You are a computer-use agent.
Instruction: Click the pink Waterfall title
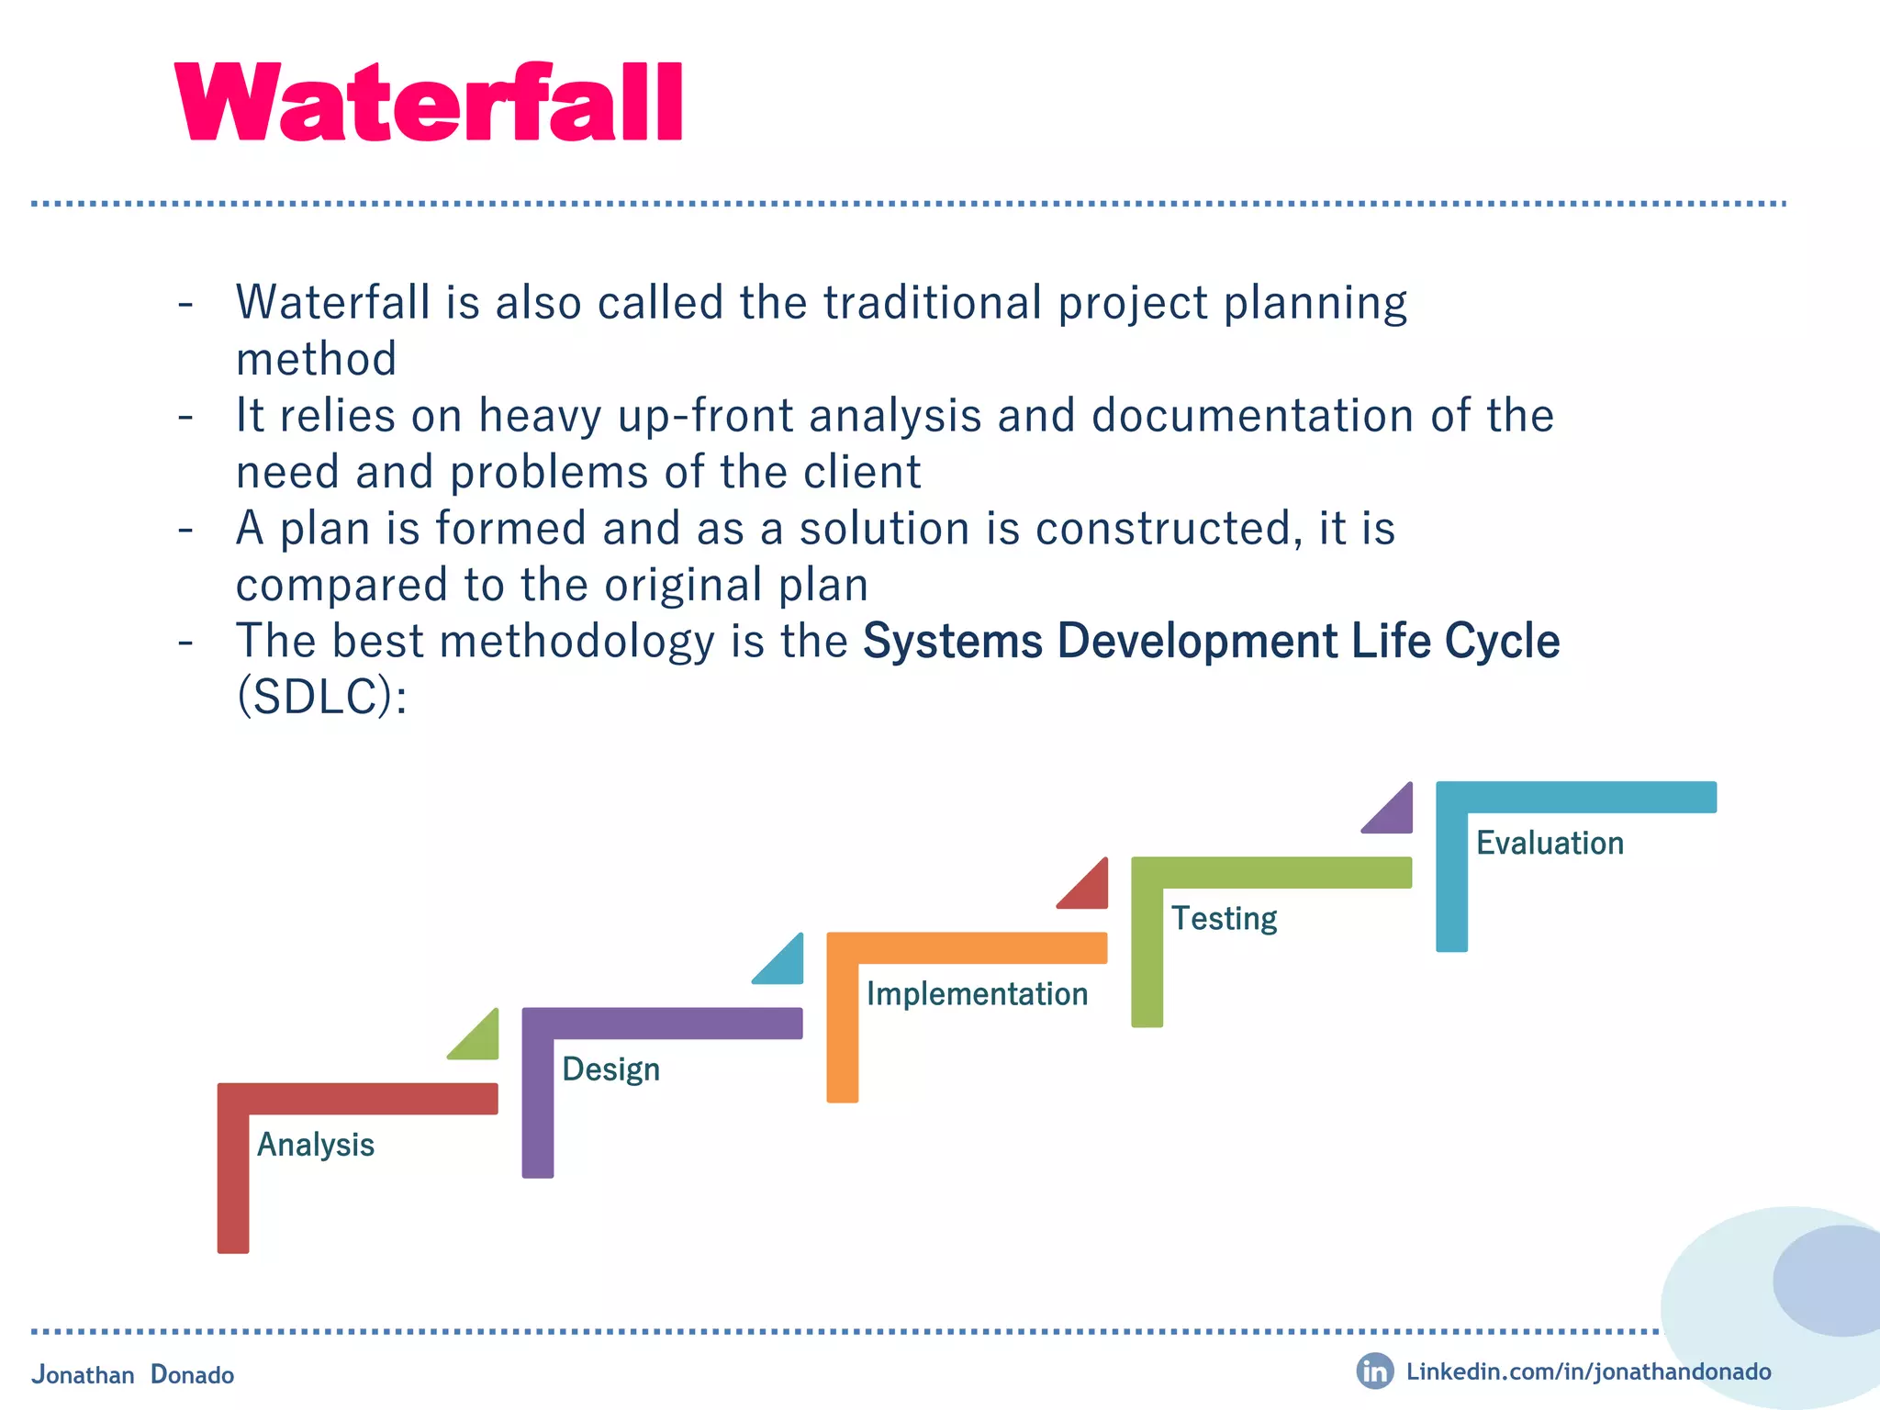coord(429,103)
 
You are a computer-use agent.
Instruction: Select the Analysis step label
coord(316,1145)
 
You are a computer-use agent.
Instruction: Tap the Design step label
coord(610,1069)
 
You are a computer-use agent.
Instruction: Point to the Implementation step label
coord(977,994)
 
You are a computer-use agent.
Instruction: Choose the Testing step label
coord(1224,919)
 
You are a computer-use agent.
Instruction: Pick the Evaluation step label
coord(1550,843)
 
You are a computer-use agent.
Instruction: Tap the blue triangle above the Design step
coord(786,966)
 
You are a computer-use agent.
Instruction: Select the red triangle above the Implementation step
coord(1091,890)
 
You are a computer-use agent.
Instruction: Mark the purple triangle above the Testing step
coord(1395,815)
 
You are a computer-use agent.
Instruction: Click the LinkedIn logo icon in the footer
coord(1374,1371)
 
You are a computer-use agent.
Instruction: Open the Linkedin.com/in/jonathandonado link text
coord(1588,1371)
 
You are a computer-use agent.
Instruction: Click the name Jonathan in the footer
coord(83,1374)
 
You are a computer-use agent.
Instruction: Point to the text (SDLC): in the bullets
coord(321,697)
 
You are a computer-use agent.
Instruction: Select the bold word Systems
coord(952,641)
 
